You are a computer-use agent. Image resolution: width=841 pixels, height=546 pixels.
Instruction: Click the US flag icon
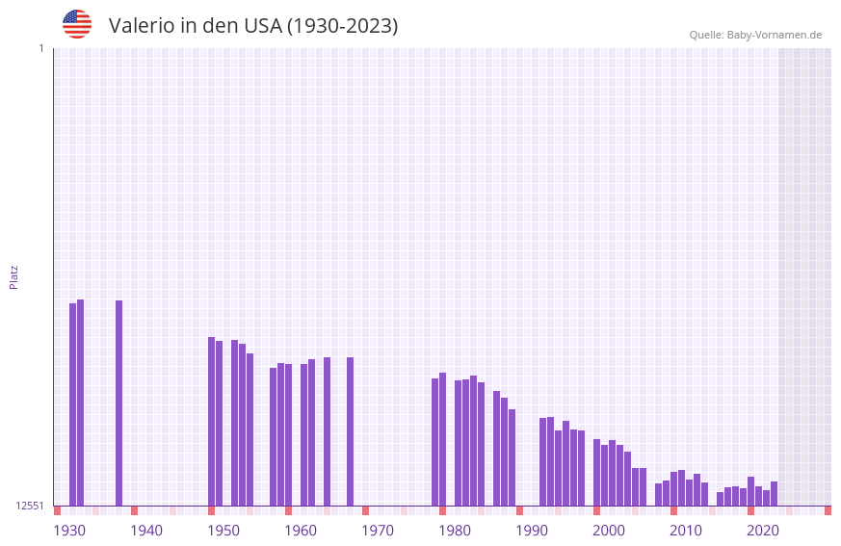point(77,24)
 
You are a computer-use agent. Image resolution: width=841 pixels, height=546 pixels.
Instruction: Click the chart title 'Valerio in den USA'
point(252,26)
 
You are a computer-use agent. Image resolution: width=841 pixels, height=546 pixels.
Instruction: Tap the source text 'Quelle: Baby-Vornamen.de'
point(755,35)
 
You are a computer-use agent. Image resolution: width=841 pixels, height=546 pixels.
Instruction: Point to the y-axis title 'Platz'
point(13,276)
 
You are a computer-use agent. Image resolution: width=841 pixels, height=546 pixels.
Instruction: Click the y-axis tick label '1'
point(40,48)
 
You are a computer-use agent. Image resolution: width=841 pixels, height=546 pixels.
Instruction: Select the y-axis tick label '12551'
point(29,506)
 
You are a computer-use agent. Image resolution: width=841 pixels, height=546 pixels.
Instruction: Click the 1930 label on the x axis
point(69,531)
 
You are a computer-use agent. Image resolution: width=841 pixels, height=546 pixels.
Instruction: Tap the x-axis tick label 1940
point(146,531)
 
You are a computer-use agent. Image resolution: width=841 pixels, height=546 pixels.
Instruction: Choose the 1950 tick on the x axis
point(223,531)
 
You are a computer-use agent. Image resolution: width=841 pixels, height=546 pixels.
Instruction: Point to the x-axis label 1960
point(301,531)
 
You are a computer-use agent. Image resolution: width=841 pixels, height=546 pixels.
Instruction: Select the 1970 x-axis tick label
point(378,531)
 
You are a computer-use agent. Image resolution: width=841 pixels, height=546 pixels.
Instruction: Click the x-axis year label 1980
point(455,531)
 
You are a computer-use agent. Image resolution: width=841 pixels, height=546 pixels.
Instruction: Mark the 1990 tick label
point(532,531)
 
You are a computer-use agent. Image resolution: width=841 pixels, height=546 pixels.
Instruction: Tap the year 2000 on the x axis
point(609,531)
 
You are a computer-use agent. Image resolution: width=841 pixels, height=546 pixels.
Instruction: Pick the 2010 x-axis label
point(686,531)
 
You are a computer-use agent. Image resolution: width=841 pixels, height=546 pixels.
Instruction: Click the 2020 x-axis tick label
point(763,531)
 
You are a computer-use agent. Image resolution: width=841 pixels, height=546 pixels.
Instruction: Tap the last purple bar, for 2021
point(775,494)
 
